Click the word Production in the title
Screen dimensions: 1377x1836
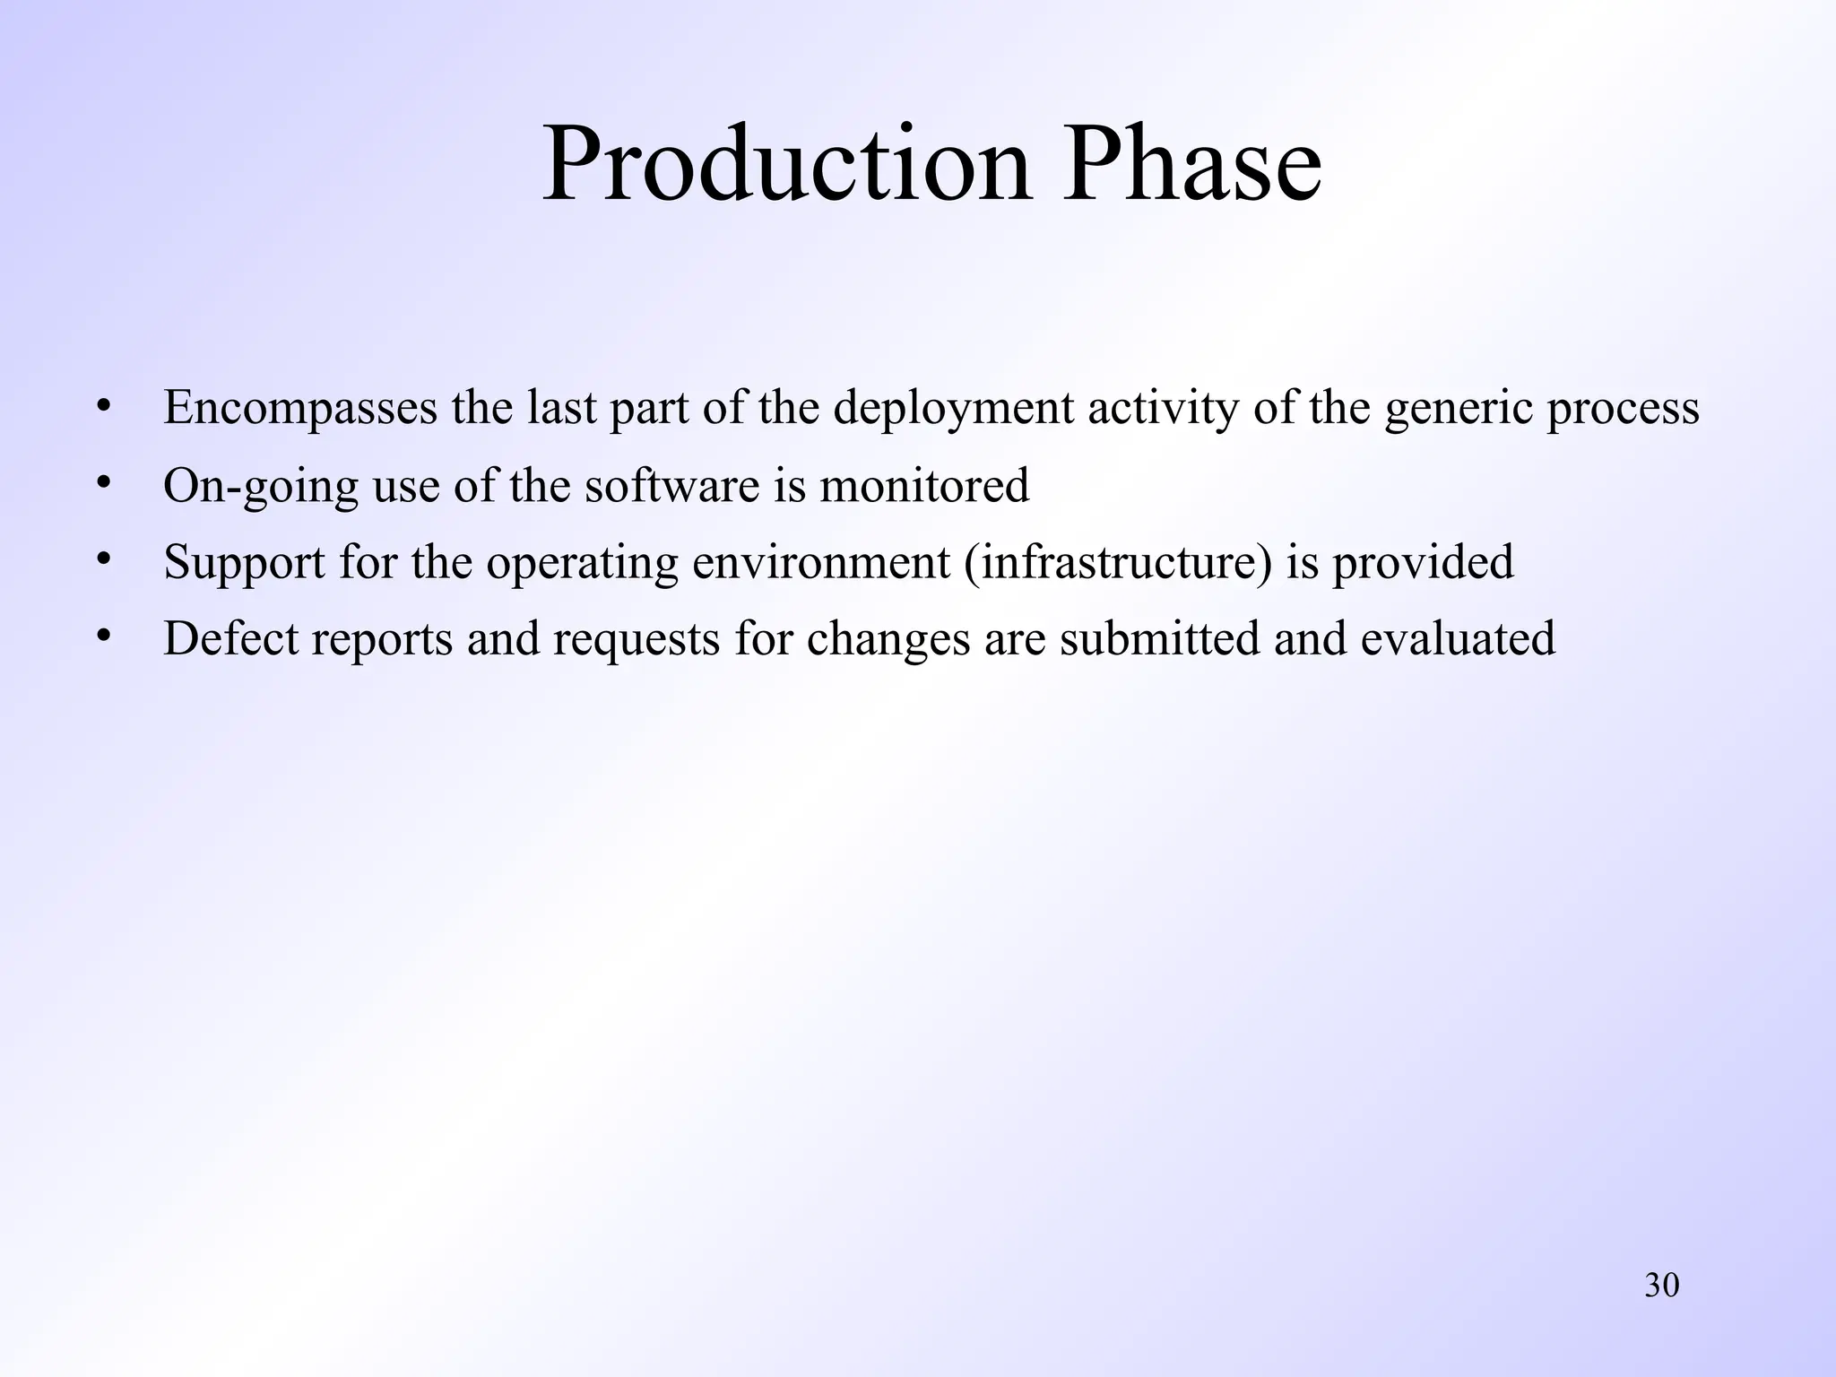(786, 165)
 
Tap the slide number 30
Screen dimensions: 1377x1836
(1661, 1286)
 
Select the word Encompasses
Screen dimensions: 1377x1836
(300, 409)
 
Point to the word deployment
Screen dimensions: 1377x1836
(953, 409)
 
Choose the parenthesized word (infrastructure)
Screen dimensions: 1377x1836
(1119, 563)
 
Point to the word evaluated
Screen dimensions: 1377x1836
(1458, 638)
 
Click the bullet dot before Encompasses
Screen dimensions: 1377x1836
(105, 407)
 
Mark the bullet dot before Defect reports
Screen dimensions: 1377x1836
(105, 637)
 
